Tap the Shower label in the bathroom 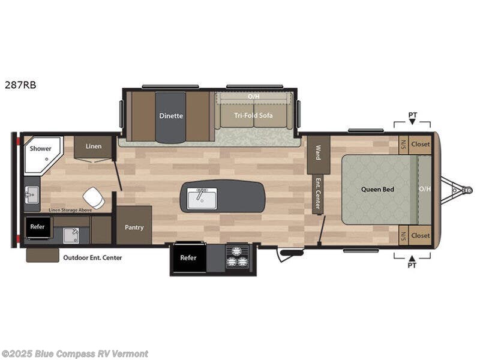41,148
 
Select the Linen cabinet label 93,146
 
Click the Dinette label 171,116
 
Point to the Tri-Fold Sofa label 253,115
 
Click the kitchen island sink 202,198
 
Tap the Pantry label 134,227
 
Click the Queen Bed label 377,190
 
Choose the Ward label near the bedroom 318,148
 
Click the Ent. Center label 317,194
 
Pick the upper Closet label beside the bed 420,144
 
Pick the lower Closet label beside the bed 420,235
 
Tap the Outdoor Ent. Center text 92,257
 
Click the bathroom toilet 94,197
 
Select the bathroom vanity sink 31,194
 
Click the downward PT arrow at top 412,122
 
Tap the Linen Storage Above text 70,210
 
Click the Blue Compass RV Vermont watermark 74,353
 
